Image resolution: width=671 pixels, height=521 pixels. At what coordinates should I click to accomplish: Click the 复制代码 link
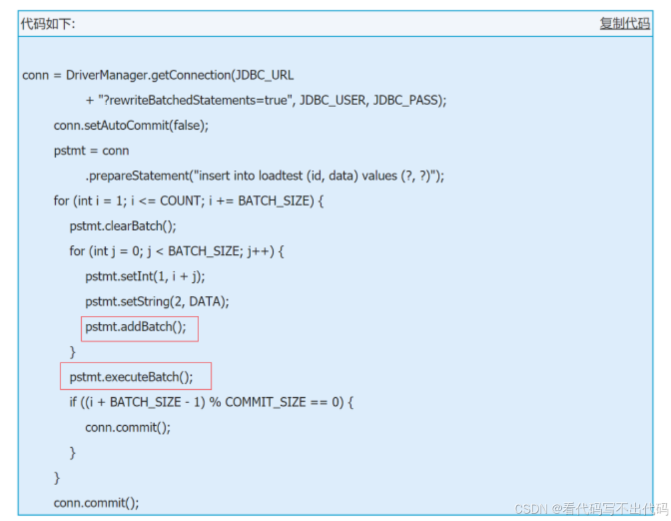click(x=624, y=24)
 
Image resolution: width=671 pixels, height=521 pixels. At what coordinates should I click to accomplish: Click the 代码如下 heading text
click(x=48, y=24)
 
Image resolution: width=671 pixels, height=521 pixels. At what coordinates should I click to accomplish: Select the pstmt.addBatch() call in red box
click(x=136, y=327)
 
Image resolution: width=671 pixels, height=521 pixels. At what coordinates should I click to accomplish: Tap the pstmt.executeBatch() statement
click(x=131, y=377)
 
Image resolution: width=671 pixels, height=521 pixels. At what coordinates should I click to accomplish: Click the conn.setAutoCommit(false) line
click(x=131, y=125)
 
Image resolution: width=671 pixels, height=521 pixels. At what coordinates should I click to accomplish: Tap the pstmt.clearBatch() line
click(x=123, y=226)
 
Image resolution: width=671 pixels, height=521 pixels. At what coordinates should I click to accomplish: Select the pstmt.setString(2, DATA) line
click(x=157, y=301)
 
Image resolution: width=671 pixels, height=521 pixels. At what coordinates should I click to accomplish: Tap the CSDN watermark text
click(x=530, y=509)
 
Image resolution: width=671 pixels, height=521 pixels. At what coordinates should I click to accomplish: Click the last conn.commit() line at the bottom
click(x=97, y=502)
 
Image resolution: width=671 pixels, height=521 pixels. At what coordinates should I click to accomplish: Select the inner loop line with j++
click(x=177, y=251)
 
